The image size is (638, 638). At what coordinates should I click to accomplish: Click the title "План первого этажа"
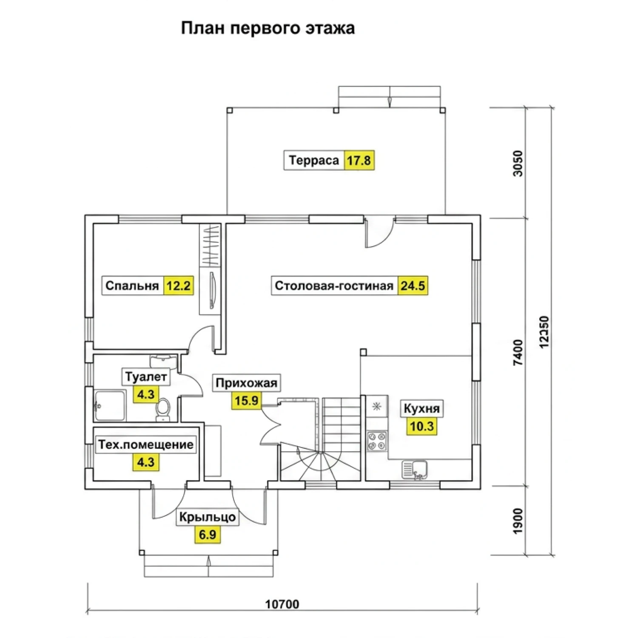click(x=268, y=28)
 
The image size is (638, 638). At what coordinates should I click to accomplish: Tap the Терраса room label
click(x=314, y=160)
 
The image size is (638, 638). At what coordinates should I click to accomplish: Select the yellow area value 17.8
click(x=359, y=160)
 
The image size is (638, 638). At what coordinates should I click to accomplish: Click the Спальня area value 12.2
click(x=178, y=285)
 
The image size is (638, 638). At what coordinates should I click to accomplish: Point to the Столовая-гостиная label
click(x=334, y=285)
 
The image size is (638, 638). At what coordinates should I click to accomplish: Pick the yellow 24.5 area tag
click(x=413, y=285)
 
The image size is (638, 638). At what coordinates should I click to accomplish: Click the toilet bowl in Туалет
click(x=162, y=409)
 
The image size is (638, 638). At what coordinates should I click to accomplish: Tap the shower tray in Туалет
click(x=110, y=405)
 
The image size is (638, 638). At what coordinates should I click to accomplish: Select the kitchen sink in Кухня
click(x=414, y=470)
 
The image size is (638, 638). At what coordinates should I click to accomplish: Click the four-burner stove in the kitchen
click(x=377, y=441)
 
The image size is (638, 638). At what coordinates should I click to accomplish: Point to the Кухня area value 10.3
click(x=422, y=426)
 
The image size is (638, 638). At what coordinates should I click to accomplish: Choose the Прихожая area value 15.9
click(x=247, y=400)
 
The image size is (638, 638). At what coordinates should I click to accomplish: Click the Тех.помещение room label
click(x=146, y=445)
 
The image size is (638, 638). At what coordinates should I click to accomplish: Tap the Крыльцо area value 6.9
click(x=208, y=534)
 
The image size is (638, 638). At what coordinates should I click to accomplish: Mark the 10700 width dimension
click(x=282, y=604)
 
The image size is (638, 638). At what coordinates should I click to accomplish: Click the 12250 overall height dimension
click(x=544, y=332)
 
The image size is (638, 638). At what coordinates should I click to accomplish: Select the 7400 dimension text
click(x=518, y=353)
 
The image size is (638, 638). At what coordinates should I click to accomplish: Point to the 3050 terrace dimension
click(x=518, y=163)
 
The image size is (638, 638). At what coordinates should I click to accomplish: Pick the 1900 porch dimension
click(x=518, y=521)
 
